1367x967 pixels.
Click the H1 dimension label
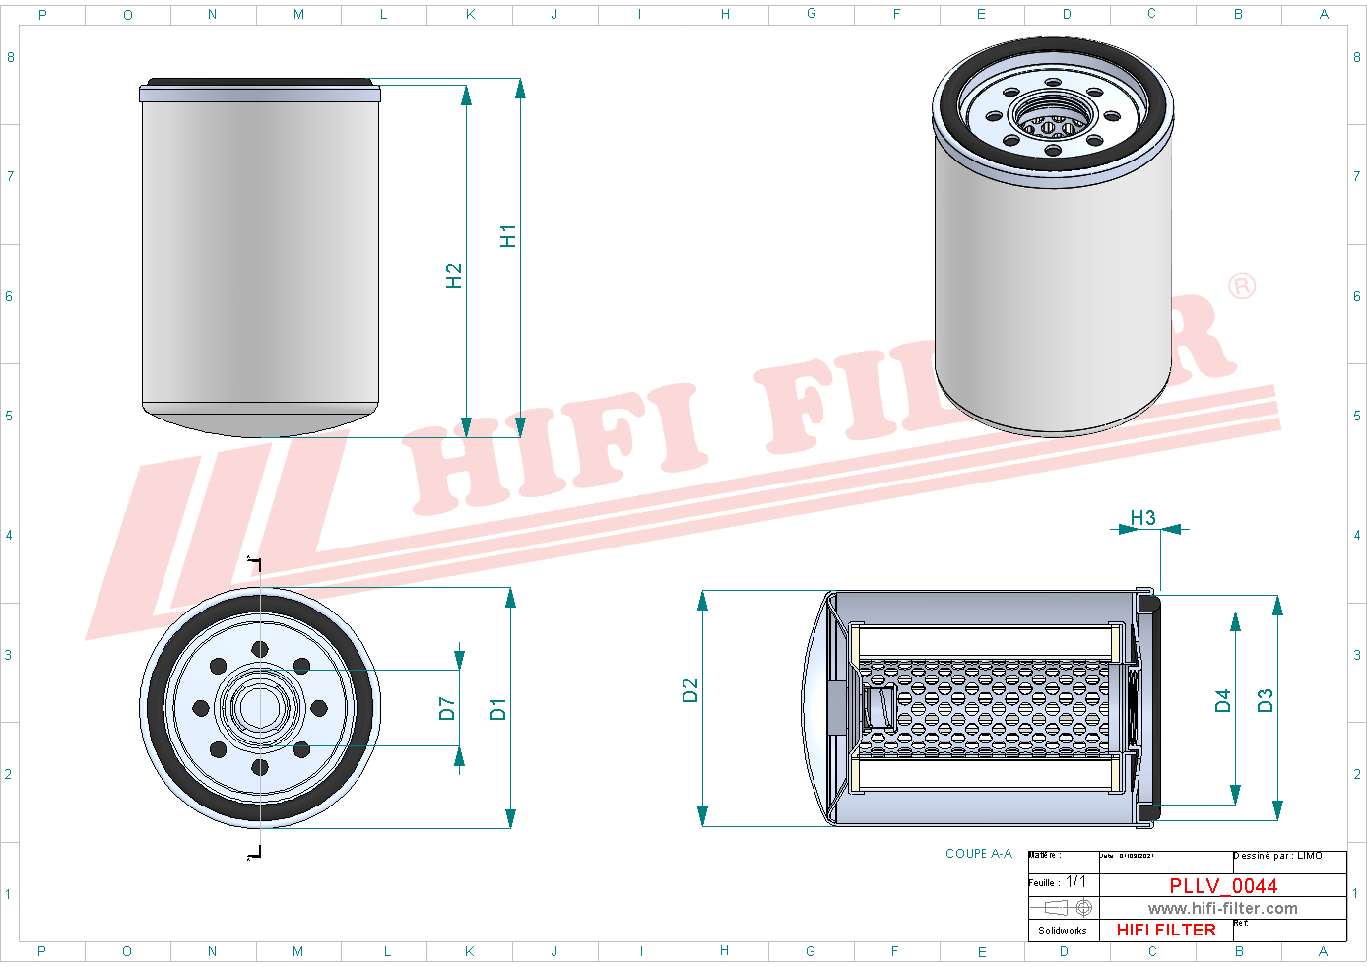pyautogui.click(x=507, y=236)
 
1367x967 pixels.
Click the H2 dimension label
pyautogui.click(x=453, y=276)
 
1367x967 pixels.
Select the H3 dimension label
pyautogui.click(x=1142, y=518)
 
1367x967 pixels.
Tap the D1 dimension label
pyautogui.click(x=498, y=709)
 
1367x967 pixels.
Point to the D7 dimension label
pyautogui.click(x=446, y=709)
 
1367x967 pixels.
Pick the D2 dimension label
pyautogui.click(x=689, y=690)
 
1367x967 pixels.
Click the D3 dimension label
pyautogui.click(x=1266, y=700)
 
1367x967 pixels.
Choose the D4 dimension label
pyautogui.click(x=1222, y=700)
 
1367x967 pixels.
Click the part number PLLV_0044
pyautogui.click(x=1223, y=885)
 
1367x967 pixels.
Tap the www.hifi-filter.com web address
pyautogui.click(x=1222, y=908)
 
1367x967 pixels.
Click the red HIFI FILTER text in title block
pyautogui.click(x=1166, y=930)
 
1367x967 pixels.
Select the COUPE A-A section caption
pyautogui.click(x=978, y=854)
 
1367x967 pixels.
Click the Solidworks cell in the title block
pyautogui.click(x=1063, y=930)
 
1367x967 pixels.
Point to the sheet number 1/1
pyautogui.click(x=1075, y=882)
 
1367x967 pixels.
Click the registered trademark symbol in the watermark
pyautogui.click(x=1242, y=286)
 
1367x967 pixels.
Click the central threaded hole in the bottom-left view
pyautogui.click(x=259, y=706)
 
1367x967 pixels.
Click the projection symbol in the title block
pyautogui.click(x=1069, y=907)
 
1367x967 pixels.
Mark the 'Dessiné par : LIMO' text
pyautogui.click(x=1278, y=856)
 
